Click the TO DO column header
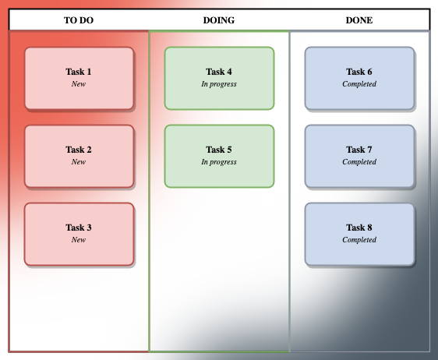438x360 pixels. tap(79, 20)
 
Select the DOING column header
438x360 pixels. tap(219, 20)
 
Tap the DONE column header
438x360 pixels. tap(359, 20)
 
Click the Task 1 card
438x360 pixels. tap(79, 78)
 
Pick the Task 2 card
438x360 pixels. tap(79, 156)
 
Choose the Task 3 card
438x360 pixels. tap(79, 234)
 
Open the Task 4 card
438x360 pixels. tap(219, 78)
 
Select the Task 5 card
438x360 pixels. tap(219, 156)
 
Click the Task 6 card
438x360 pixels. tap(359, 78)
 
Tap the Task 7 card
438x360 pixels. tap(359, 156)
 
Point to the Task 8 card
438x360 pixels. tap(359, 234)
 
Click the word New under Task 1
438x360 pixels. tap(79, 84)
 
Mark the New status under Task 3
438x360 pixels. tap(79, 240)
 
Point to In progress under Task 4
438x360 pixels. tap(219, 84)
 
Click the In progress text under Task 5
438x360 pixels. tap(219, 162)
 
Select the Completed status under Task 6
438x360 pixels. tap(359, 84)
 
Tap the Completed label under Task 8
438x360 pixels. tap(359, 240)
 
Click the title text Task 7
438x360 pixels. tap(359, 150)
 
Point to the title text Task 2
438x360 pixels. tap(79, 150)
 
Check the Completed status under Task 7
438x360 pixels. tap(359, 162)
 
